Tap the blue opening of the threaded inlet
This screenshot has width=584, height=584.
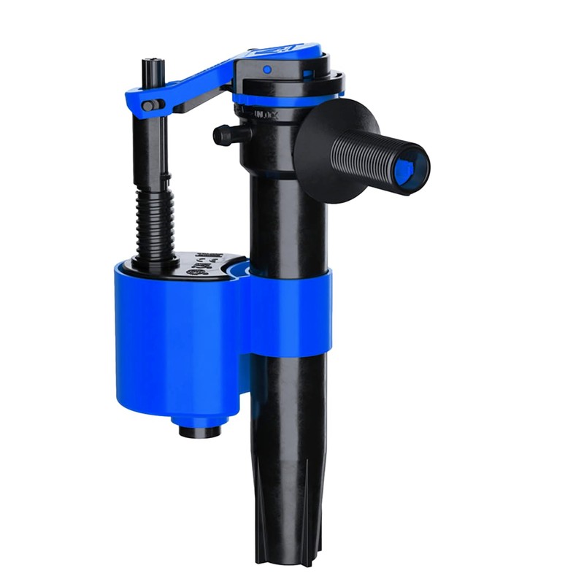[x=406, y=169]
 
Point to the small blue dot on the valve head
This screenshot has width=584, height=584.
[x=267, y=69]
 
